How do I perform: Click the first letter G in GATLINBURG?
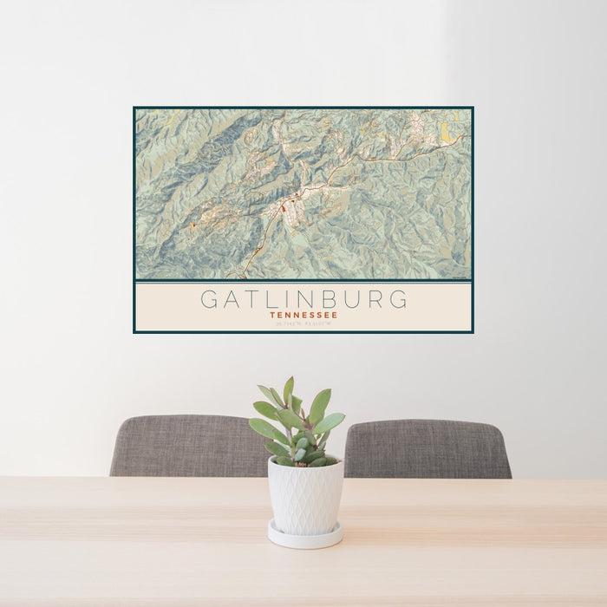click(210, 300)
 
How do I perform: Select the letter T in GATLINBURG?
click(251, 300)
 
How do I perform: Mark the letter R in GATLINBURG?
click(374, 300)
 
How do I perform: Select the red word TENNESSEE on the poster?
click(303, 316)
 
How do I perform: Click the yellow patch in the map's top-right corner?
click(445, 130)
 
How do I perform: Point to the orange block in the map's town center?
click(283, 209)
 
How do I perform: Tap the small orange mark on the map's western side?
click(193, 225)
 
